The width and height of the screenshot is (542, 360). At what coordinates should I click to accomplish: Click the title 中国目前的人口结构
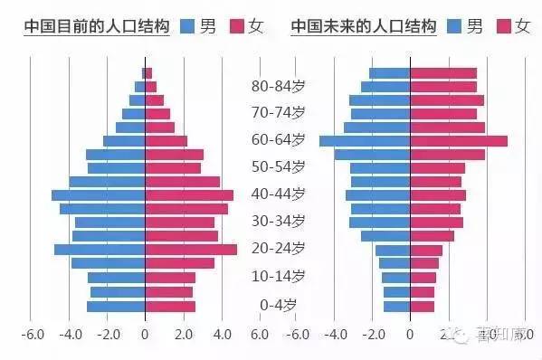point(95,25)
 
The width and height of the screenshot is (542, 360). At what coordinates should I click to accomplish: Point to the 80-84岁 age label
point(278,87)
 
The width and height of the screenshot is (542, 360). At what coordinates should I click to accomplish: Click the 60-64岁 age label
point(278,140)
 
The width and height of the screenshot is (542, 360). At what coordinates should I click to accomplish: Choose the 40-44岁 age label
point(278,194)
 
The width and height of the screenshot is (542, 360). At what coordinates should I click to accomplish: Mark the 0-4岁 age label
point(278,304)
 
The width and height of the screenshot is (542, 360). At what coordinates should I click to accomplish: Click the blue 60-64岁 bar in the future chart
point(365,141)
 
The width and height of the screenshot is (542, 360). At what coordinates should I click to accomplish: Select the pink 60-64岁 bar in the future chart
point(458,141)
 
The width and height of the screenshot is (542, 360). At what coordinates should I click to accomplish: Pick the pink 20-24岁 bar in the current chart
point(190,250)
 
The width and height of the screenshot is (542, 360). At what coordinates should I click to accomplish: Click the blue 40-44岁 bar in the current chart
point(98,195)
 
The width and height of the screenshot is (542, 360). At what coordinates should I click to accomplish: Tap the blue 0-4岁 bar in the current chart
point(116,306)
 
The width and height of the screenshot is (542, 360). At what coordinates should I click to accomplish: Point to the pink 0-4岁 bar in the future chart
point(422,306)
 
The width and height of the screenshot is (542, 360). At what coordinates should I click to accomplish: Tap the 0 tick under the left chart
point(145,334)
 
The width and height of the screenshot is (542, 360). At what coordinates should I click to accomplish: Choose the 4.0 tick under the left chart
point(221,334)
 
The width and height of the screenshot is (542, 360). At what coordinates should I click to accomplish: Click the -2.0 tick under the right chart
point(371,334)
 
